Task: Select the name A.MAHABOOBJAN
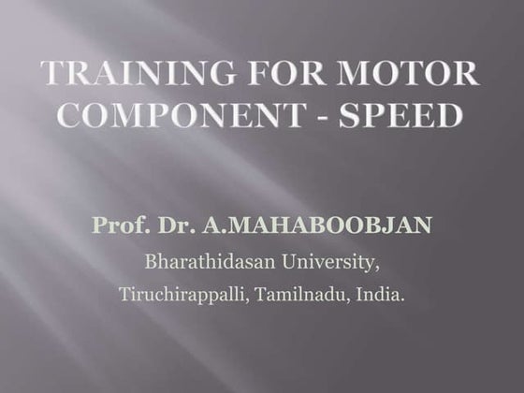312,226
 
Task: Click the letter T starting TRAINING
52,74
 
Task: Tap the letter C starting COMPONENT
58,116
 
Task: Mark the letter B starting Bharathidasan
150,259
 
